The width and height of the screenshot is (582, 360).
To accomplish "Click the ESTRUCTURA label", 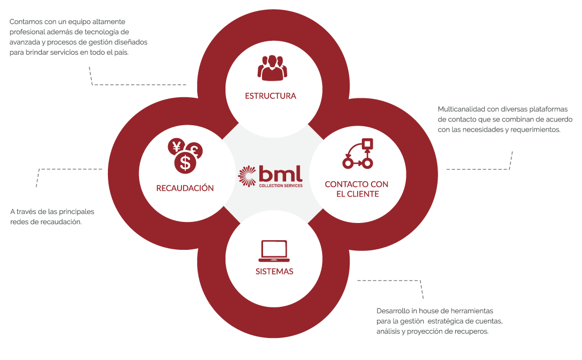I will [271, 96].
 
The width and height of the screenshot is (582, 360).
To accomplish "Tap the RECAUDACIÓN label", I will [185, 188].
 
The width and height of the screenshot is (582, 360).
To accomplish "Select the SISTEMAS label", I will [274, 271].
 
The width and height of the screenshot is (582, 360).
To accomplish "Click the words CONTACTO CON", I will [357, 184].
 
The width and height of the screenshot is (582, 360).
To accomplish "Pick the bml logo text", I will [280, 173].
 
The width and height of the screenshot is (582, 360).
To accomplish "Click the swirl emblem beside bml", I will [248, 177].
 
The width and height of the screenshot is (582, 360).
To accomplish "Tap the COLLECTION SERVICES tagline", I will [280, 186].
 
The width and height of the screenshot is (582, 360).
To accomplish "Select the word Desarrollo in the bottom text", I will [392, 311].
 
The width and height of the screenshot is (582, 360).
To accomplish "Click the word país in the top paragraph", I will [121, 52].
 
